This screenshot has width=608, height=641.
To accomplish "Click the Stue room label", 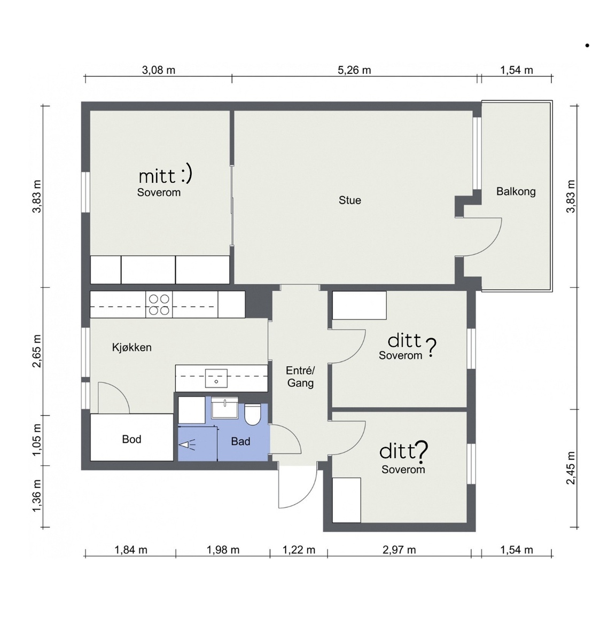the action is [349, 200].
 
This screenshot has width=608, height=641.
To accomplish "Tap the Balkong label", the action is [516, 191].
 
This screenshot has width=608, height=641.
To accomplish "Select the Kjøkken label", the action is [132, 347].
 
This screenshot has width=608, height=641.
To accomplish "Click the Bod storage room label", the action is [131, 439].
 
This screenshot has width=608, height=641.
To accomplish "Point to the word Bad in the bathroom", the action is [240, 441].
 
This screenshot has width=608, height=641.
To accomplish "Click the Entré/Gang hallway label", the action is [300, 377].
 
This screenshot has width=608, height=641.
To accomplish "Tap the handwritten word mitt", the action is [157, 176].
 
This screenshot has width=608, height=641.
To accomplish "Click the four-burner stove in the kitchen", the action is [159, 304].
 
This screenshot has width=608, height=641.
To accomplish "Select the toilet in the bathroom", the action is [252, 415].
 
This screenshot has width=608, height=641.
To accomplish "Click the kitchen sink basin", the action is [216, 378].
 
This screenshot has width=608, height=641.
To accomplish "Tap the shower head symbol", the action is [186, 445].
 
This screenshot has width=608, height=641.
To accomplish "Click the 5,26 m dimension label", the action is [354, 70].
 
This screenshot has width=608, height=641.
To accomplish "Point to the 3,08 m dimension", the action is [159, 70].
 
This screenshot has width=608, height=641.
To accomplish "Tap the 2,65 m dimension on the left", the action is [37, 351].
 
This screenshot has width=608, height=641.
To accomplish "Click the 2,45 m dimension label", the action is [571, 468].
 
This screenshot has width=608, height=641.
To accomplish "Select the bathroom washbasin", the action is [224, 408].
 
